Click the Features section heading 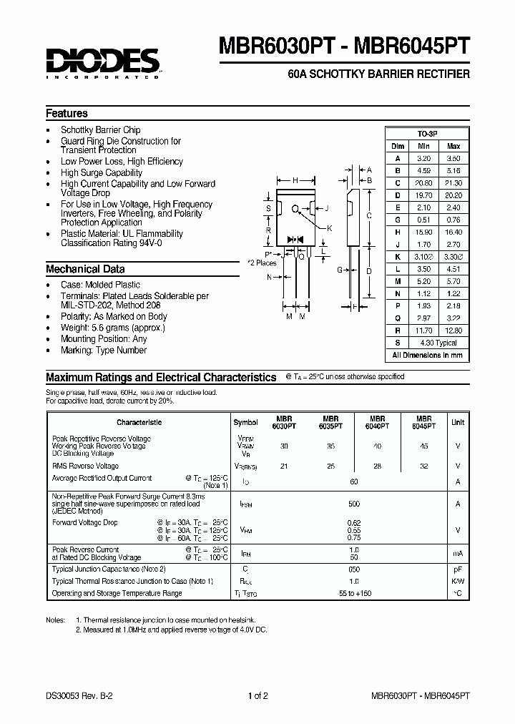[x=67, y=114]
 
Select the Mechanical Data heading [x=85, y=270]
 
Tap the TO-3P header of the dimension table [x=428, y=134]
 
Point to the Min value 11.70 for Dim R [x=423, y=331]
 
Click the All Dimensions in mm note [x=428, y=355]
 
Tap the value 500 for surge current [x=353, y=504]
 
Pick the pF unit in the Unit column [x=458, y=569]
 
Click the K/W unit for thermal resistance [x=458, y=581]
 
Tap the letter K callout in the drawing [x=330, y=228]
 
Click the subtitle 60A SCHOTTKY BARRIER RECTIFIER [x=378, y=74]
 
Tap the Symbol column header [x=246, y=422]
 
